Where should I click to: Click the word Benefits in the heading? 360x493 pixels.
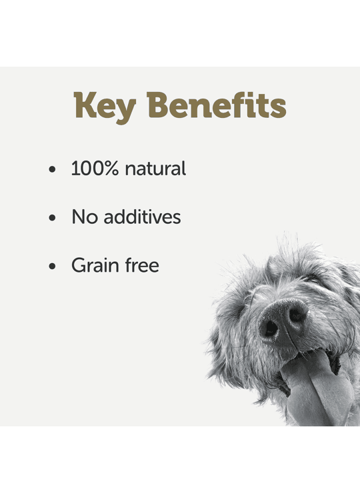pyautogui.click(x=217, y=105)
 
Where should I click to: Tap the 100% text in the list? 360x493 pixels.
pyautogui.click(x=95, y=168)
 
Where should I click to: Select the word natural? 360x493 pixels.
pyautogui.click(x=155, y=169)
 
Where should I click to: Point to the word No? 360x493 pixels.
pyautogui.click(x=85, y=217)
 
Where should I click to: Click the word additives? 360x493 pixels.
pyautogui.click(x=142, y=217)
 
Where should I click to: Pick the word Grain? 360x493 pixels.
pyautogui.click(x=95, y=265)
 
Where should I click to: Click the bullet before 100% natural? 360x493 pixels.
pyautogui.click(x=52, y=169)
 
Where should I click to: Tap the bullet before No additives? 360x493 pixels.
pyautogui.click(x=52, y=218)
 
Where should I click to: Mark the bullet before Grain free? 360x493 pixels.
pyautogui.click(x=52, y=266)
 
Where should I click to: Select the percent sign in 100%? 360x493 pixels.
pyautogui.click(x=112, y=168)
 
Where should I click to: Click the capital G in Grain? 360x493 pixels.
pyautogui.click(x=79, y=265)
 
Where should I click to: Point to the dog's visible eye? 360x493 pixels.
pyautogui.click(x=313, y=279)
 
